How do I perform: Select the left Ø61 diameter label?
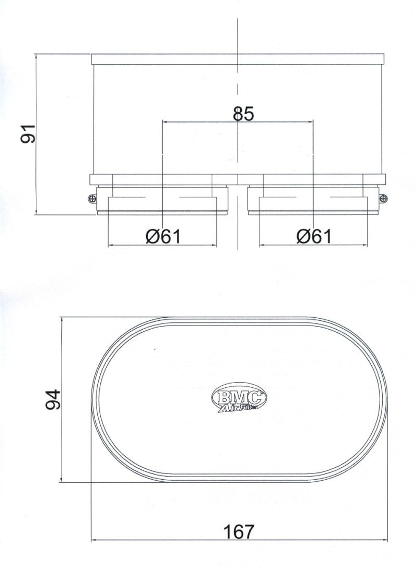pyautogui.click(x=163, y=237)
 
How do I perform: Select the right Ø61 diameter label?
pyautogui.click(x=314, y=237)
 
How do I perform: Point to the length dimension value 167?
pyautogui.click(x=239, y=532)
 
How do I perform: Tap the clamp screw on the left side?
pyautogui.click(x=92, y=198)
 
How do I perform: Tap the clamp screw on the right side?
pyautogui.click(x=384, y=198)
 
